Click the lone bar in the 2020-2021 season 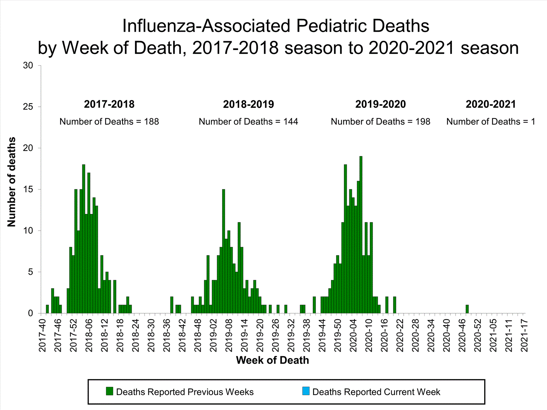[467, 309]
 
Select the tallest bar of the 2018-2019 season [224, 251]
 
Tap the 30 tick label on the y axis [28, 66]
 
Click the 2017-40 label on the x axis [42, 335]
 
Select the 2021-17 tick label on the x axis [524, 335]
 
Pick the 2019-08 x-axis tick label [229, 335]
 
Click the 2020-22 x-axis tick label [400, 335]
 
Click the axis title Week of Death [272, 360]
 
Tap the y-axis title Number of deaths [12, 182]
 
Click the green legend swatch [109, 391]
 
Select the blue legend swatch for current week [306, 391]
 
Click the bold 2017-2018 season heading [109, 104]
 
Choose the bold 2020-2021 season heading [490, 104]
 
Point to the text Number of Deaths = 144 [248, 122]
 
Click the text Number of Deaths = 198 [380, 122]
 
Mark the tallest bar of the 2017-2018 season [84, 239]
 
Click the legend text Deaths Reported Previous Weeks [185, 392]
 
